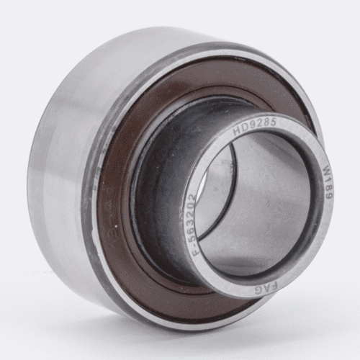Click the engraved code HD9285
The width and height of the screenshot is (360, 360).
tap(255, 127)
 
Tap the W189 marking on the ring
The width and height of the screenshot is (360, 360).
tap(327, 182)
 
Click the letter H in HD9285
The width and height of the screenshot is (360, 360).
tap(237, 131)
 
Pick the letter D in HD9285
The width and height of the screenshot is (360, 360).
tap(244, 128)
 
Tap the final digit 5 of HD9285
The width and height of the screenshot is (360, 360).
tap(273, 122)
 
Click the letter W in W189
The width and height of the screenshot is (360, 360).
tap(325, 170)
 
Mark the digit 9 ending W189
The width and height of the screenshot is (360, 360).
tap(329, 196)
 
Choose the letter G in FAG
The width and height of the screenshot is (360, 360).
tap(258, 292)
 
